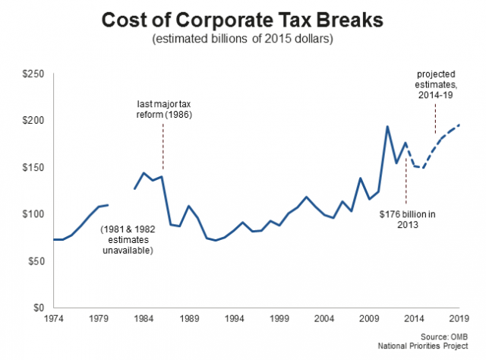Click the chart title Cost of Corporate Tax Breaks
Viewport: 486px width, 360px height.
tap(243, 20)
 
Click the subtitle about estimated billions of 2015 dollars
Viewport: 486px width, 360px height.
tap(243, 39)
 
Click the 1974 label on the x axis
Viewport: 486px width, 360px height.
tap(52, 320)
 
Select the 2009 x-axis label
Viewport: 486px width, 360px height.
tap(369, 320)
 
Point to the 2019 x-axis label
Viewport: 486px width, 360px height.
tap(459, 320)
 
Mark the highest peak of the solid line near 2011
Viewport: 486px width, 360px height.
tap(387, 127)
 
